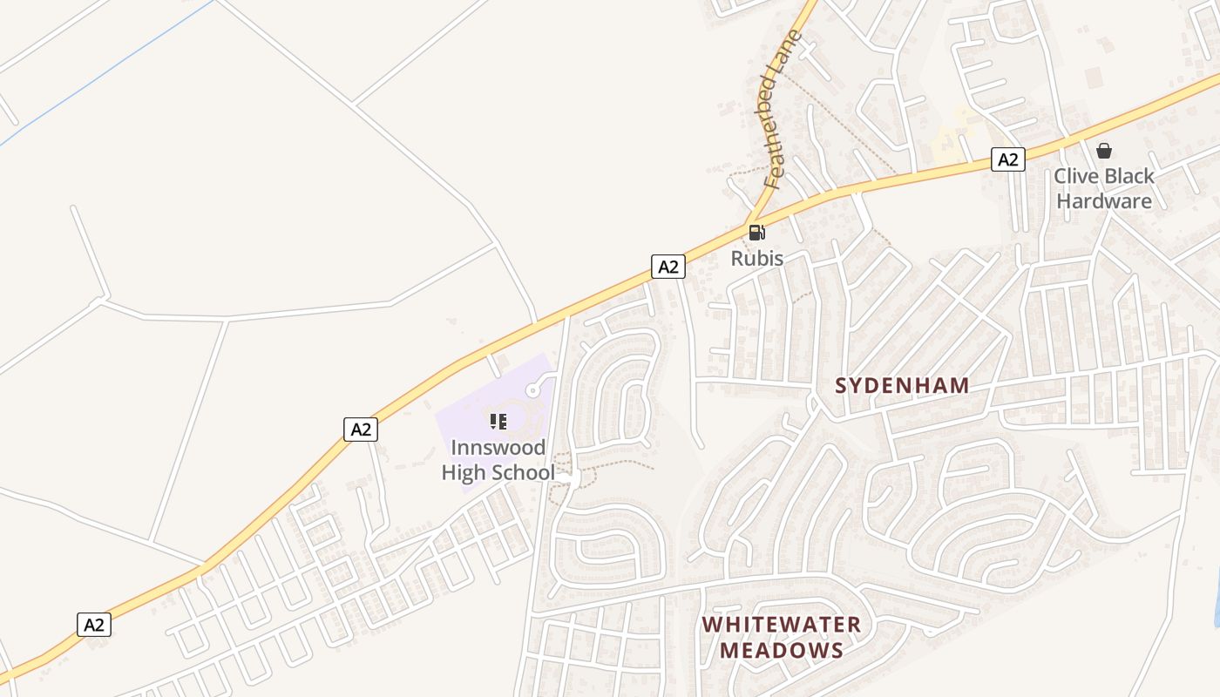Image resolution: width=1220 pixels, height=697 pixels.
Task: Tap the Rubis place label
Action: [756, 258]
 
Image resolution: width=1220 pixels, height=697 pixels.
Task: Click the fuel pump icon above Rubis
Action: [756, 232]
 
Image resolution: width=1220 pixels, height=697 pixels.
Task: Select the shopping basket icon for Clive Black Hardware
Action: [1104, 151]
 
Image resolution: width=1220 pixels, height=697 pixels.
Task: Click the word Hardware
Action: [1104, 201]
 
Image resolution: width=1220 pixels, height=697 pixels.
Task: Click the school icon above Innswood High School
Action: [498, 423]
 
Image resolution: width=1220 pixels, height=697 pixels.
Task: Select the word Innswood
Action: [498, 448]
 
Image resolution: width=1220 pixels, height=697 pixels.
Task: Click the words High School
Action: [498, 473]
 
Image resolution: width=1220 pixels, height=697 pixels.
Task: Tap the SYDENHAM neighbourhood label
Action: [902, 385]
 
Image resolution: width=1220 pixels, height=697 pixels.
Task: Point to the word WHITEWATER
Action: [782, 625]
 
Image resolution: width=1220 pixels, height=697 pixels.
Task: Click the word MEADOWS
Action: [782, 650]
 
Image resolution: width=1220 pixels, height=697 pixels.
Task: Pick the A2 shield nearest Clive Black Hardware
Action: [1007, 159]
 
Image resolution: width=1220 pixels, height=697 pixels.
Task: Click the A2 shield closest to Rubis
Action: [668, 267]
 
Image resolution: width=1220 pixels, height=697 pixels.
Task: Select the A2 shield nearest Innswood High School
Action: [361, 429]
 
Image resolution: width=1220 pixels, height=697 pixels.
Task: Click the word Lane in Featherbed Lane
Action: [790, 52]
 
